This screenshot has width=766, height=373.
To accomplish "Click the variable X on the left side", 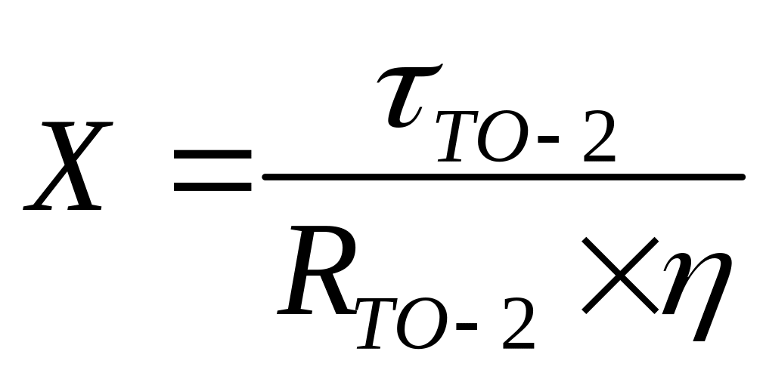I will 67,166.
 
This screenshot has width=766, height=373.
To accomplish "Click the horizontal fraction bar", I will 503,177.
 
